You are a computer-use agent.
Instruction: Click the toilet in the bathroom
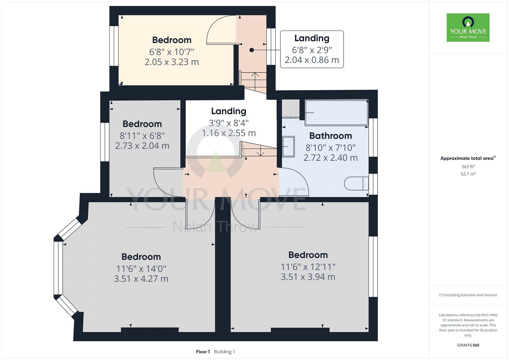[x=356, y=183]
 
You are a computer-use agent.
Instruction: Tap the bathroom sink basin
[x=288, y=147]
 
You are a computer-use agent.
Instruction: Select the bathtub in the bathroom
[x=337, y=113]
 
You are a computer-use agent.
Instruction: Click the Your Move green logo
[x=468, y=27]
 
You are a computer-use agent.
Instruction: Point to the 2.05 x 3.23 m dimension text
[x=172, y=62]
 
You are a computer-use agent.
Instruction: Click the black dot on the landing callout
[x=252, y=50]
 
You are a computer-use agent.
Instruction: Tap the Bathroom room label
[x=331, y=136]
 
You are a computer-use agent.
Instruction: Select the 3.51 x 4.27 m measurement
[x=141, y=279]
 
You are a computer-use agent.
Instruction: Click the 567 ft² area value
[x=468, y=166]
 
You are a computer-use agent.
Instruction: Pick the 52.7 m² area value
[x=468, y=174]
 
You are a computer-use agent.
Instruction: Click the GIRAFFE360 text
[x=468, y=345]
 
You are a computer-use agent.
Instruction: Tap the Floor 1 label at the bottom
[x=203, y=352]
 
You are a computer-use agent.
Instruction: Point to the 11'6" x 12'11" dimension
[x=308, y=267]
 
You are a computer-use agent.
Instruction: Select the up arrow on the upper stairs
[x=255, y=81]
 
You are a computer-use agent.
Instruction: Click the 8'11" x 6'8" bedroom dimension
[x=142, y=136]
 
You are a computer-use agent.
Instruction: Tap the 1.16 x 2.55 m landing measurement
[x=229, y=133]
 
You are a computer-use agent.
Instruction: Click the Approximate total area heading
[x=468, y=158]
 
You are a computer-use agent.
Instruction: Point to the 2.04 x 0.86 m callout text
[x=312, y=60]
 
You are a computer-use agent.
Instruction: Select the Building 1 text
[x=225, y=352]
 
